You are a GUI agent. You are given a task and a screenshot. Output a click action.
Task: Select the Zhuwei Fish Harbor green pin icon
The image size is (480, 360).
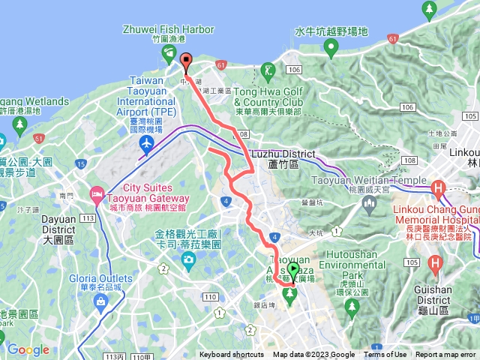tap(168, 52)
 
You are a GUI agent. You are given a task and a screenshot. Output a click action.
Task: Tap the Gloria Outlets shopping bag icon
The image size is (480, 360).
tap(100, 301)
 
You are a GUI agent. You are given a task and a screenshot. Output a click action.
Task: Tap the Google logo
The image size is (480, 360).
tap(28, 349)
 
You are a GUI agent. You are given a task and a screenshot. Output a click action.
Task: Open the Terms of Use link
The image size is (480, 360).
tap(385, 355)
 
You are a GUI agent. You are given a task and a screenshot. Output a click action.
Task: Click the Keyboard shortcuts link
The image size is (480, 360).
tap(232, 355)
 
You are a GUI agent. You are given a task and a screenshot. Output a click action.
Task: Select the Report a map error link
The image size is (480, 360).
tap(446, 355)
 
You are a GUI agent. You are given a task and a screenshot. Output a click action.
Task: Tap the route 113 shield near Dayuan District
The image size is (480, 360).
tap(87, 218)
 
